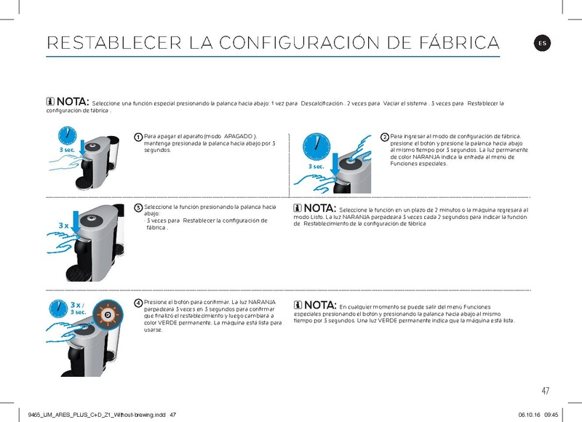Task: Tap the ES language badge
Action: [541, 44]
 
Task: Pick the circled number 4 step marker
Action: [138, 302]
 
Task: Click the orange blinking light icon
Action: [108, 314]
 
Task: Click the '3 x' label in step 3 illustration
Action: [63, 226]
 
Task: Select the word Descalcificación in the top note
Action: [322, 103]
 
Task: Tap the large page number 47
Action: [546, 390]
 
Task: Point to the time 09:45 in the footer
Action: [551, 415]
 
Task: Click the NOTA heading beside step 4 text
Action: [315, 304]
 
